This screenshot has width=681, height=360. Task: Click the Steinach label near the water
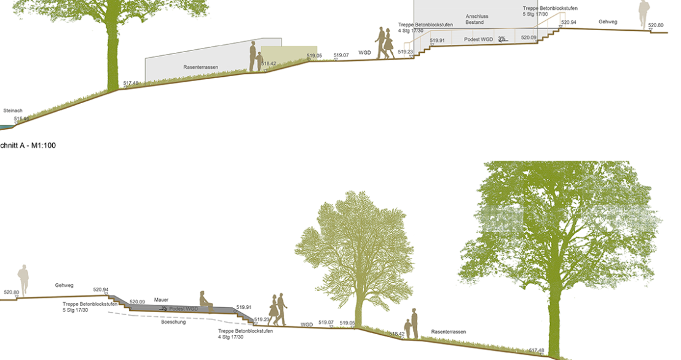click(x=13, y=111)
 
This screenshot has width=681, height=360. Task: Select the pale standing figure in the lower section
click(x=23, y=280)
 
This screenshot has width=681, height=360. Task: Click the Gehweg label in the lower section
click(x=65, y=285)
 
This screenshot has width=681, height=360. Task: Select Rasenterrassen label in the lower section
click(x=448, y=332)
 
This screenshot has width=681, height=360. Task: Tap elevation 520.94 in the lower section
click(x=101, y=289)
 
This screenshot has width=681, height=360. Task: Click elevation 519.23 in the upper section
click(x=405, y=52)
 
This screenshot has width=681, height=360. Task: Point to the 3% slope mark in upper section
click(x=502, y=39)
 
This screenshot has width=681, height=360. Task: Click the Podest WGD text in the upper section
click(x=479, y=39)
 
